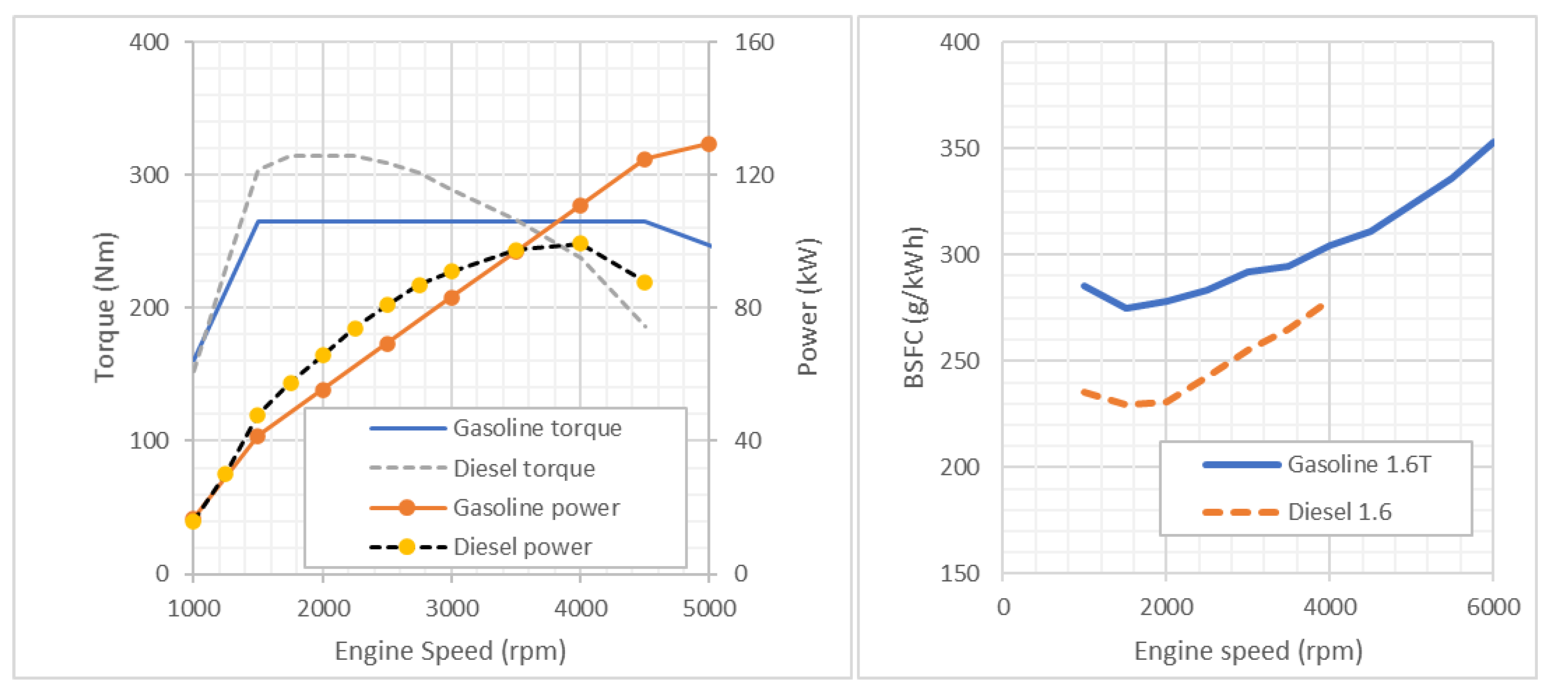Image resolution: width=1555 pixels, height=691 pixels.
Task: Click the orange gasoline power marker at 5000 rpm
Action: click(708, 144)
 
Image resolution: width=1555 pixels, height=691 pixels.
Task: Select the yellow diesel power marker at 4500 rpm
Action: click(644, 282)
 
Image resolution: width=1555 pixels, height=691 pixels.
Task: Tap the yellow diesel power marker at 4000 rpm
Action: click(580, 244)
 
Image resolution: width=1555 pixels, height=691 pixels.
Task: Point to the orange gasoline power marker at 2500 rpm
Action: click(387, 344)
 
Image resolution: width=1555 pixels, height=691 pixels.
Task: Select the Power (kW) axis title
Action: click(807, 307)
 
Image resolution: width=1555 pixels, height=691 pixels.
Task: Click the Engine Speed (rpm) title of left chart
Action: click(450, 651)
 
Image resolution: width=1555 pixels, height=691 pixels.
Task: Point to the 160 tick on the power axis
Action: click(754, 42)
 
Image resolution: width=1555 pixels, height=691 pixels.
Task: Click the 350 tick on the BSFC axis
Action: click(959, 148)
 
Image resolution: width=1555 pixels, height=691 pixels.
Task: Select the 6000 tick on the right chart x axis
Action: click(1493, 607)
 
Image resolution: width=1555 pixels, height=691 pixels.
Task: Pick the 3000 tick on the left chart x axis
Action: click(451, 608)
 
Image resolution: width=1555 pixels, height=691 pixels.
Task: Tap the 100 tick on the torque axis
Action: click(149, 440)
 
